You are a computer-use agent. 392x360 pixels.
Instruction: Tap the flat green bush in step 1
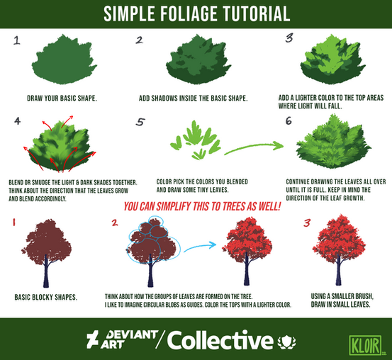[64, 60]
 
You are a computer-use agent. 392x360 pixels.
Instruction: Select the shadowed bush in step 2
[198, 60]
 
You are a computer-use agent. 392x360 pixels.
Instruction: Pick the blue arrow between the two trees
[200, 247]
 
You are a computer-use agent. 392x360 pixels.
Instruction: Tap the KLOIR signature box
[365, 345]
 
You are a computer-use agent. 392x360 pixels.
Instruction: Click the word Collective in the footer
[220, 340]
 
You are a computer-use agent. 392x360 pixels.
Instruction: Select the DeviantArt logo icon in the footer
[92, 339]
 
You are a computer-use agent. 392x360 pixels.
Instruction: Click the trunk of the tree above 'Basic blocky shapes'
[46, 271]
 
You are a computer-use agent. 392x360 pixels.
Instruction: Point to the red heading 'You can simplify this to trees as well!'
[202, 207]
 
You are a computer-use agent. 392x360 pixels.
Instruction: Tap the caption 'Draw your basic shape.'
[62, 99]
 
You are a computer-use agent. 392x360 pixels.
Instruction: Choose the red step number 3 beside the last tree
[307, 223]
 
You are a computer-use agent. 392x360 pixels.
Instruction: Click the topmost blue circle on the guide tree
[155, 222]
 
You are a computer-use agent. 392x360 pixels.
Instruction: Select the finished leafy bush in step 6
[333, 141]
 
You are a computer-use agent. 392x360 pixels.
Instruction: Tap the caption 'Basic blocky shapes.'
[46, 297]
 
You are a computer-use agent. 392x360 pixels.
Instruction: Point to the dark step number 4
[18, 121]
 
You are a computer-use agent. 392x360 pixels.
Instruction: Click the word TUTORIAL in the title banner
[256, 13]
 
